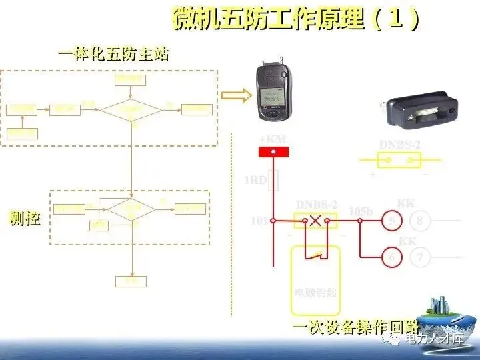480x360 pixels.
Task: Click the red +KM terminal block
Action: pos(273,153)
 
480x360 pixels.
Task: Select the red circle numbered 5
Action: pos(392,220)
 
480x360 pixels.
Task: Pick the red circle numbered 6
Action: pos(392,257)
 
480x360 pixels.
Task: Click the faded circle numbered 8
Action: pos(419,220)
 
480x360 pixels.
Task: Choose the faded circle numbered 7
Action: pos(419,257)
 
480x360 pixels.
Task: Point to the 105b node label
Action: pos(361,211)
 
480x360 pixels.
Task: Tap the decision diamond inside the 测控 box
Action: pos(132,209)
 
